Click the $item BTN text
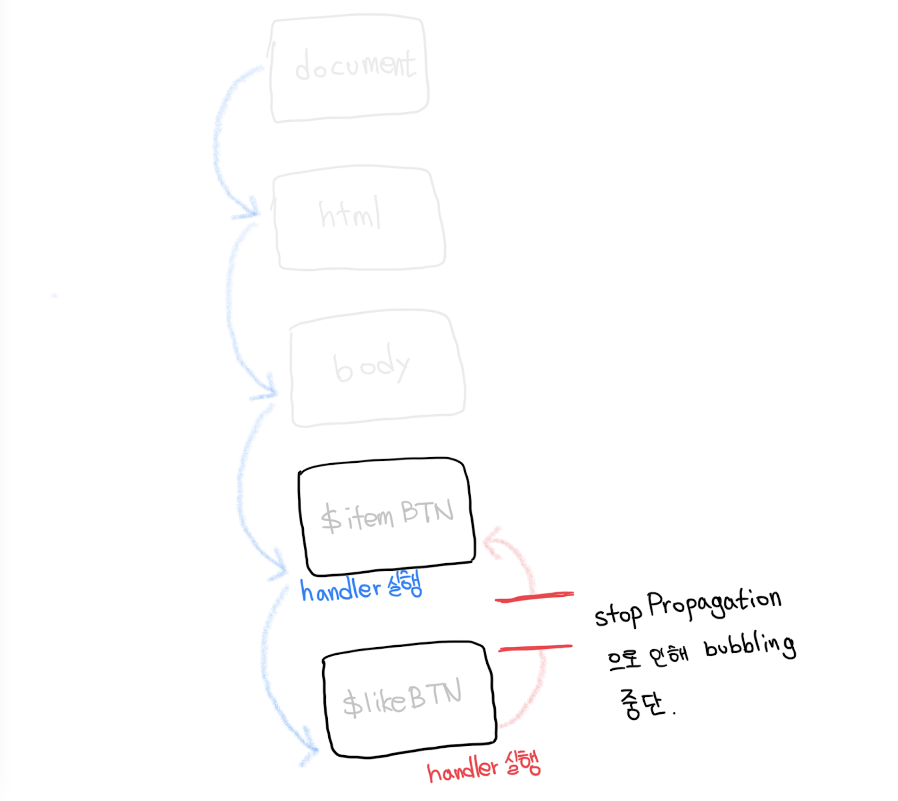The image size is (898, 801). point(387,516)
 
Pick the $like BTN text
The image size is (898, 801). point(402,699)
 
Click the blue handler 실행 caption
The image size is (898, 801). point(361,588)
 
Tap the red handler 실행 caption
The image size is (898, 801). point(483,767)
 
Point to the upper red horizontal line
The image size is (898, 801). point(534,597)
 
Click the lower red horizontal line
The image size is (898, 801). point(535,648)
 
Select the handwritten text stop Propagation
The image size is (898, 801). point(688,607)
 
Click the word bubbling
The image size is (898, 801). point(750,645)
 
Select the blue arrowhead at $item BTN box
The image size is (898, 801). point(279,570)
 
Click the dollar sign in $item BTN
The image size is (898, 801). point(331,518)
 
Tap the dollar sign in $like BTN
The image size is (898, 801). point(353,703)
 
